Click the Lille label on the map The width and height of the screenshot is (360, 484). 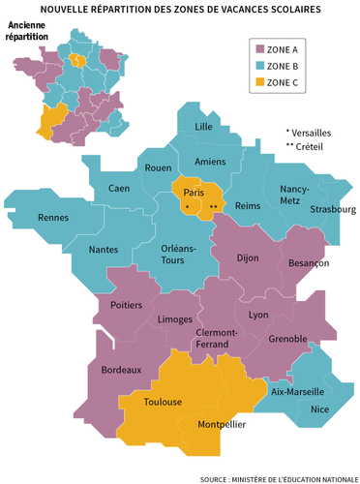coord(203,127)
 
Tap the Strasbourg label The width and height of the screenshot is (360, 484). coord(335,209)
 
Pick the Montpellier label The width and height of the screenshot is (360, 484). coord(222,424)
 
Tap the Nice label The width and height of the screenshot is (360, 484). coord(319,409)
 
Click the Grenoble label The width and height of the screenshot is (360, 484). coord(286,339)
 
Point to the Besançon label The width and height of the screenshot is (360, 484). coord(309,263)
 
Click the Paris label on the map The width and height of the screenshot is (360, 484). coord(192,192)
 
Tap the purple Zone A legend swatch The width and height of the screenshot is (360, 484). coord(260,48)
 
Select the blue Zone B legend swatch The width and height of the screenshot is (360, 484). coord(260,65)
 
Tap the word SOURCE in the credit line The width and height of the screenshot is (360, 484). coord(217,478)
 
